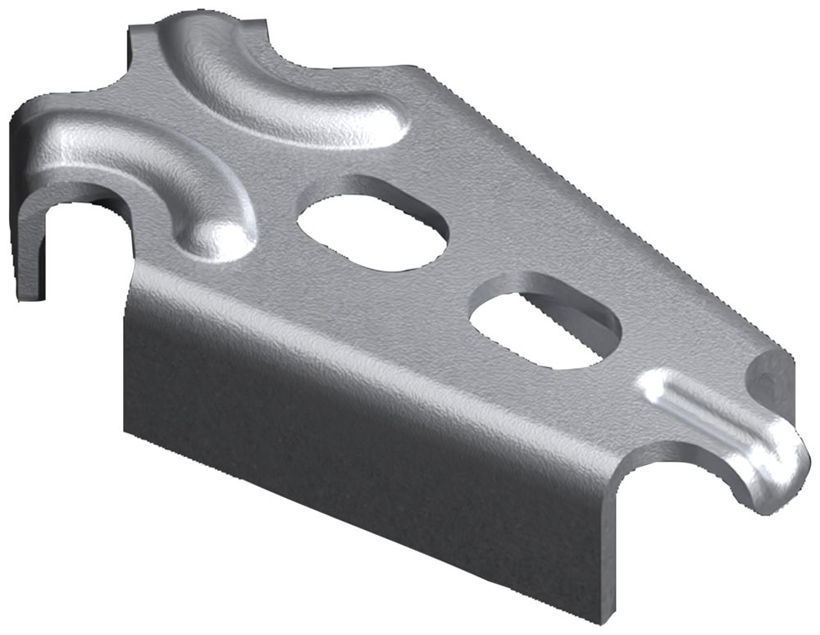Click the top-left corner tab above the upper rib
(143, 41)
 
